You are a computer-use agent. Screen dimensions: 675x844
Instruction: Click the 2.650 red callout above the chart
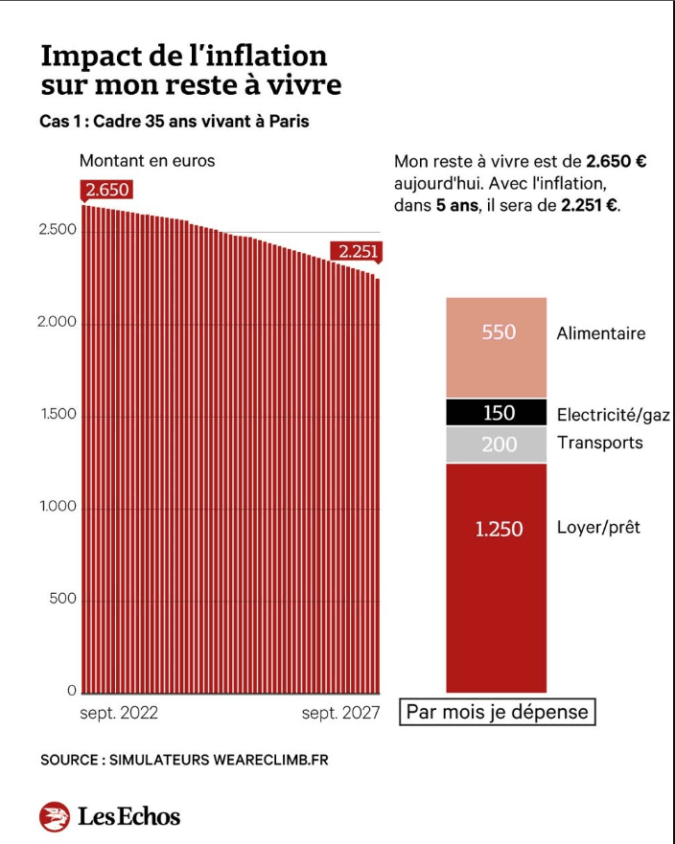pos(106,190)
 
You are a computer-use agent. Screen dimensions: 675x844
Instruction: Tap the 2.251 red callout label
pos(358,251)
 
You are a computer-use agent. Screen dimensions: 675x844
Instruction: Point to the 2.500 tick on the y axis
pos(58,229)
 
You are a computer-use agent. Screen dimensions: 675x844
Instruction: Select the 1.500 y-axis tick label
pos(58,414)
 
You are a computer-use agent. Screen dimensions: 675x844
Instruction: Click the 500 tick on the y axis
pos(63,599)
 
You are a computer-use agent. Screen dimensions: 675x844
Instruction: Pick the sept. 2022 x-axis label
pos(119,713)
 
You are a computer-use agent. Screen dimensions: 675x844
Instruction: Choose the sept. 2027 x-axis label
pos(341,713)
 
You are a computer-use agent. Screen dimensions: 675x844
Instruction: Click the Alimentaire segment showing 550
pos(496,348)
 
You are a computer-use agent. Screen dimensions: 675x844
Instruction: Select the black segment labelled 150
pos(496,412)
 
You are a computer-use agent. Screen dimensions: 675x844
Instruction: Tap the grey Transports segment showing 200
pos(496,445)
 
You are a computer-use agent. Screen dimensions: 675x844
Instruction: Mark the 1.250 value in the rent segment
pos(499,529)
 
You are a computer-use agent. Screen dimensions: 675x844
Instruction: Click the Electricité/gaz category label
pos(614,415)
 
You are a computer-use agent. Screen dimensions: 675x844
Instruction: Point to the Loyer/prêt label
pos(598,528)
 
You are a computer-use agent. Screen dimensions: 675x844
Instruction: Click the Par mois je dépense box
pos(498,712)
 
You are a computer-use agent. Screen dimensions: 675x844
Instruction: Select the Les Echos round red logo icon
pos(55,816)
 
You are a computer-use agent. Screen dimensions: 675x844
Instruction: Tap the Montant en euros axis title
pos(147,161)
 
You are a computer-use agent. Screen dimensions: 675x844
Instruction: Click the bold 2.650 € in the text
pos(617,162)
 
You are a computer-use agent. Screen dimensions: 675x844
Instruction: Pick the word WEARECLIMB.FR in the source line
pos(271,760)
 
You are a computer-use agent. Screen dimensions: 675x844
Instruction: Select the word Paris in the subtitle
pos(289,122)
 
